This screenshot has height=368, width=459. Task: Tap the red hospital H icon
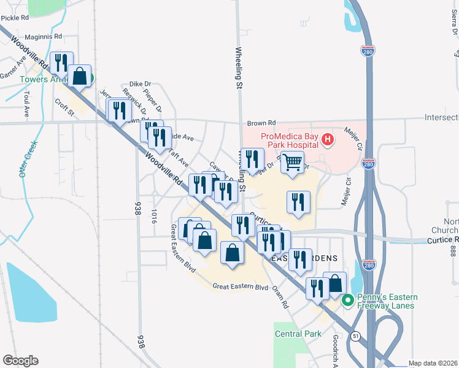(x=328, y=140)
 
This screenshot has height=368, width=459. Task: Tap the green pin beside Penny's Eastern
(x=347, y=301)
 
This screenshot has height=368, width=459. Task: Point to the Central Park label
(x=298, y=334)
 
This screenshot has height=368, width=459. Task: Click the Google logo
(x=20, y=361)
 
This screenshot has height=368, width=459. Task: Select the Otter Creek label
(x=28, y=159)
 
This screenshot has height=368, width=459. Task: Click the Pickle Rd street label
(x=15, y=18)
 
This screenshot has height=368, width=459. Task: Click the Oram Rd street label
(x=281, y=297)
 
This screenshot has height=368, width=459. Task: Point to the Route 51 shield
(x=355, y=336)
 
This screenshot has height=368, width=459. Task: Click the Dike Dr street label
(x=140, y=84)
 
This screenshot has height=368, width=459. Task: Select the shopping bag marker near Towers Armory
(x=80, y=77)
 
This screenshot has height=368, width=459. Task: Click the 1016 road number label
(x=154, y=215)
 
